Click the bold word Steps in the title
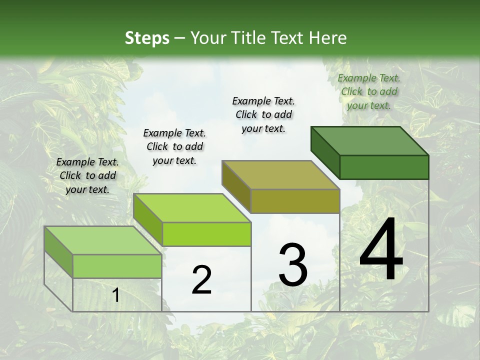coord(147,37)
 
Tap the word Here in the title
coord(328,37)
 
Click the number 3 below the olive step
coord(293,265)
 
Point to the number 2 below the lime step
coord(201,280)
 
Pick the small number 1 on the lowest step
coord(116,295)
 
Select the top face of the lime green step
coord(192,207)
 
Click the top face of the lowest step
coord(103,240)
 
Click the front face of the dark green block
coord(384,167)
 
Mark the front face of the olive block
coord(295,201)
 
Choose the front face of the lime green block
coord(206,234)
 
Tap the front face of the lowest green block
coord(117,266)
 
